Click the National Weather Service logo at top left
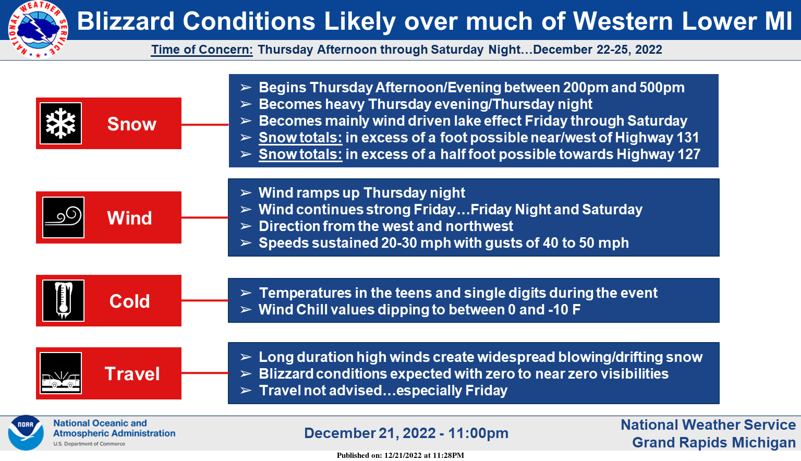[38, 29]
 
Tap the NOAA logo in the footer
[26, 433]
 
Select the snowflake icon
[61, 124]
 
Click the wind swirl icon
[63, 217]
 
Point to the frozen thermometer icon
[63, 300]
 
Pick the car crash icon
[61, 373]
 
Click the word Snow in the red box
[132, 124]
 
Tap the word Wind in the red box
[129, 218]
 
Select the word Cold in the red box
[129, 301]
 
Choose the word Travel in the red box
[132, 374]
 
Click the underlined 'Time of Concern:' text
[202, 50]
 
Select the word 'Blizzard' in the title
[126, 21]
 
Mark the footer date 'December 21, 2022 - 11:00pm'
[406, 433]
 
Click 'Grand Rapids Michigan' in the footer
[714, 443]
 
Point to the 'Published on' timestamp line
[400, 455]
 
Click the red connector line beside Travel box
[205, 373]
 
